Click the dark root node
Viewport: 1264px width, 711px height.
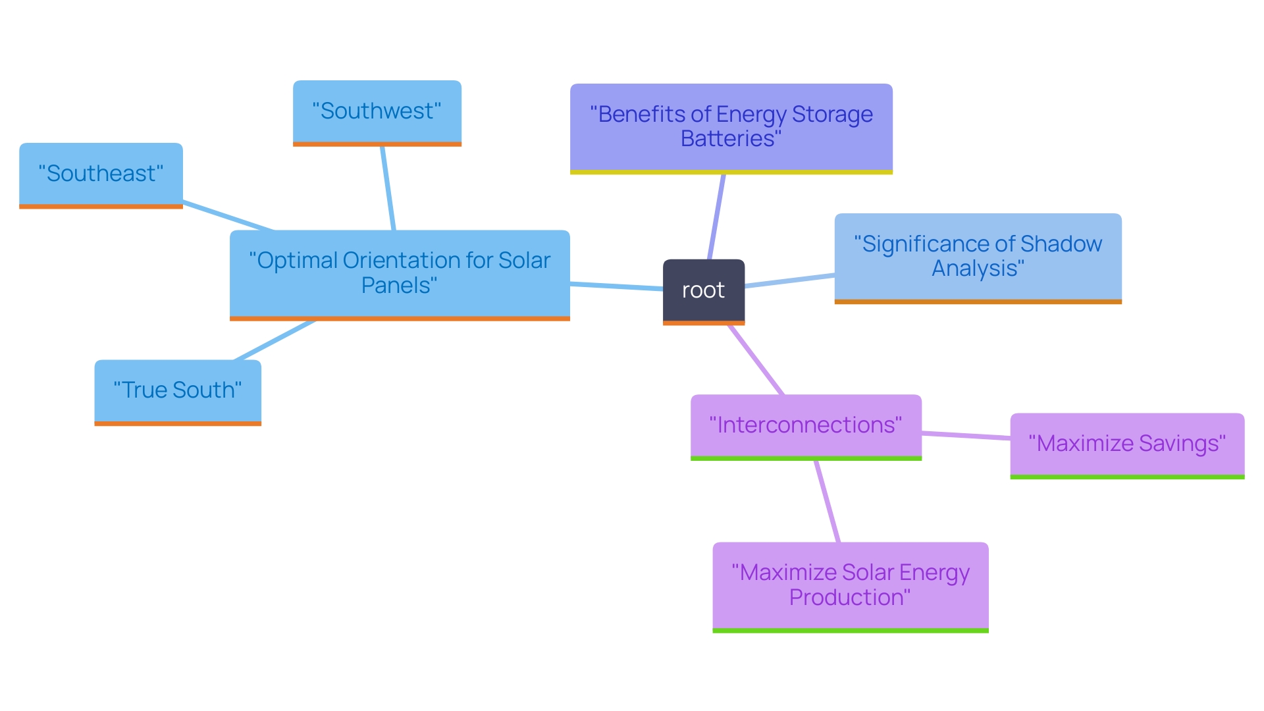coord(703,291)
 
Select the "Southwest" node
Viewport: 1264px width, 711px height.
coord(377,111)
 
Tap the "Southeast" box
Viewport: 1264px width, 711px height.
coord(101,174)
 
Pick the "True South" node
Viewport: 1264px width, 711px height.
coord(178,390)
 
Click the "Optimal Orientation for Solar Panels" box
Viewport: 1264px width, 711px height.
coord(400,273)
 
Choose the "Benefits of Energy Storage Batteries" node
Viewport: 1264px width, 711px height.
coord(731,127)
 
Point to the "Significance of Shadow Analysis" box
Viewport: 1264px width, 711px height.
coord(978,257)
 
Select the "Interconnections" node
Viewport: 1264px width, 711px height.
coord(806,425)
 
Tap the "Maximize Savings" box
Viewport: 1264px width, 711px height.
coord(1127,444)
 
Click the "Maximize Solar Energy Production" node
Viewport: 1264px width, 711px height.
coord(851,585)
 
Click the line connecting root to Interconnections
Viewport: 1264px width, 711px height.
coord(756,360)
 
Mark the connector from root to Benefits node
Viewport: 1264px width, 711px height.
coord(716,217)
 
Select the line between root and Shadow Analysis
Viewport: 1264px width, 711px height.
coord(790,280)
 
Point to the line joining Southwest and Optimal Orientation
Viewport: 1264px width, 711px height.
coord(388,188)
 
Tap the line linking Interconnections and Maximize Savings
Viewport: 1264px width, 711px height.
coord(966,435)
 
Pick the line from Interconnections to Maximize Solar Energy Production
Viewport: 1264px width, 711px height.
coord(828,502)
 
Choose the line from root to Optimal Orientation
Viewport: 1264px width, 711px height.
coord(616,286)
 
